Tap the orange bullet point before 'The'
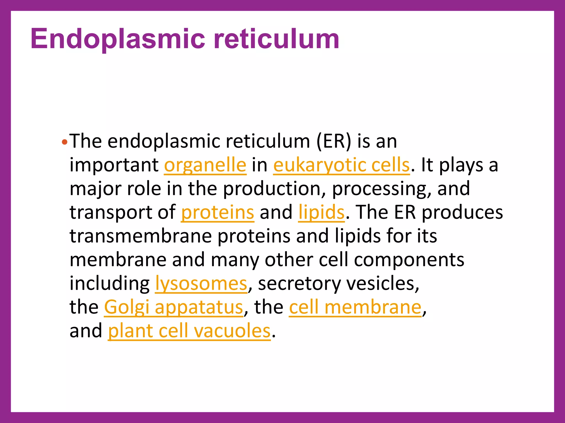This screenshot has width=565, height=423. point(64,142)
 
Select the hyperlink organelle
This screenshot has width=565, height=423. point(205,165)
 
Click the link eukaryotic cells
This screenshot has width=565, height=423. point(341,165)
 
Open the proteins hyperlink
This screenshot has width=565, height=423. point(217,212)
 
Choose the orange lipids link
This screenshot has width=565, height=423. point(321,212)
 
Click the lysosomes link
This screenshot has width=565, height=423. point(201,284)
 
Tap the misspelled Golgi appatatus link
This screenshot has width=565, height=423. point(174,307)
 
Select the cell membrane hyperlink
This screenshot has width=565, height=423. point(355,307)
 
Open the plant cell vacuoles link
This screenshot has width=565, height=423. point(189,331)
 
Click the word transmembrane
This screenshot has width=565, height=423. point(140,236)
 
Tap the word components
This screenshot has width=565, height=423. point(409,260)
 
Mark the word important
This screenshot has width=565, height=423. point(114,165)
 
